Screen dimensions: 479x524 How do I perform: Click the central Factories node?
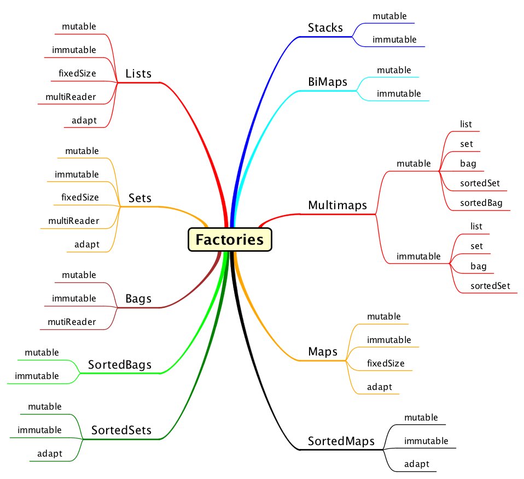pos(230,240)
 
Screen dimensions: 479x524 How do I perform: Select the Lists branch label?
pos(138,74)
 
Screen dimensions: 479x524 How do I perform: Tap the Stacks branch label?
pos(325,28)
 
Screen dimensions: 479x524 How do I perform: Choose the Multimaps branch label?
pos(337,205)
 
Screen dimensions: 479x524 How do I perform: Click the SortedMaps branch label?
pos(341,441)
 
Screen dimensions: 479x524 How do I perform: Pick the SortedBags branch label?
pos(119,364)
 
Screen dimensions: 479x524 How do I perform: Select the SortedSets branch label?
pos(121,430)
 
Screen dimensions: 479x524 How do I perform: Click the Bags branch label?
pos(138,299)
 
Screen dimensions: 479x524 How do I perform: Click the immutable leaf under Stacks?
pos(394,39)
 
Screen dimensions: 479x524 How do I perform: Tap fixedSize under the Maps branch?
pos(386,363)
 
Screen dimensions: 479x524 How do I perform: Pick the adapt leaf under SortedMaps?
pos(416,464)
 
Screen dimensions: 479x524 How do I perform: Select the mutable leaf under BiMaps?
pos(394,70)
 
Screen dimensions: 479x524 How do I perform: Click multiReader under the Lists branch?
pos(71,97)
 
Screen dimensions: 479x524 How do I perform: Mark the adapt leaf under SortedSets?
pos(49,453)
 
